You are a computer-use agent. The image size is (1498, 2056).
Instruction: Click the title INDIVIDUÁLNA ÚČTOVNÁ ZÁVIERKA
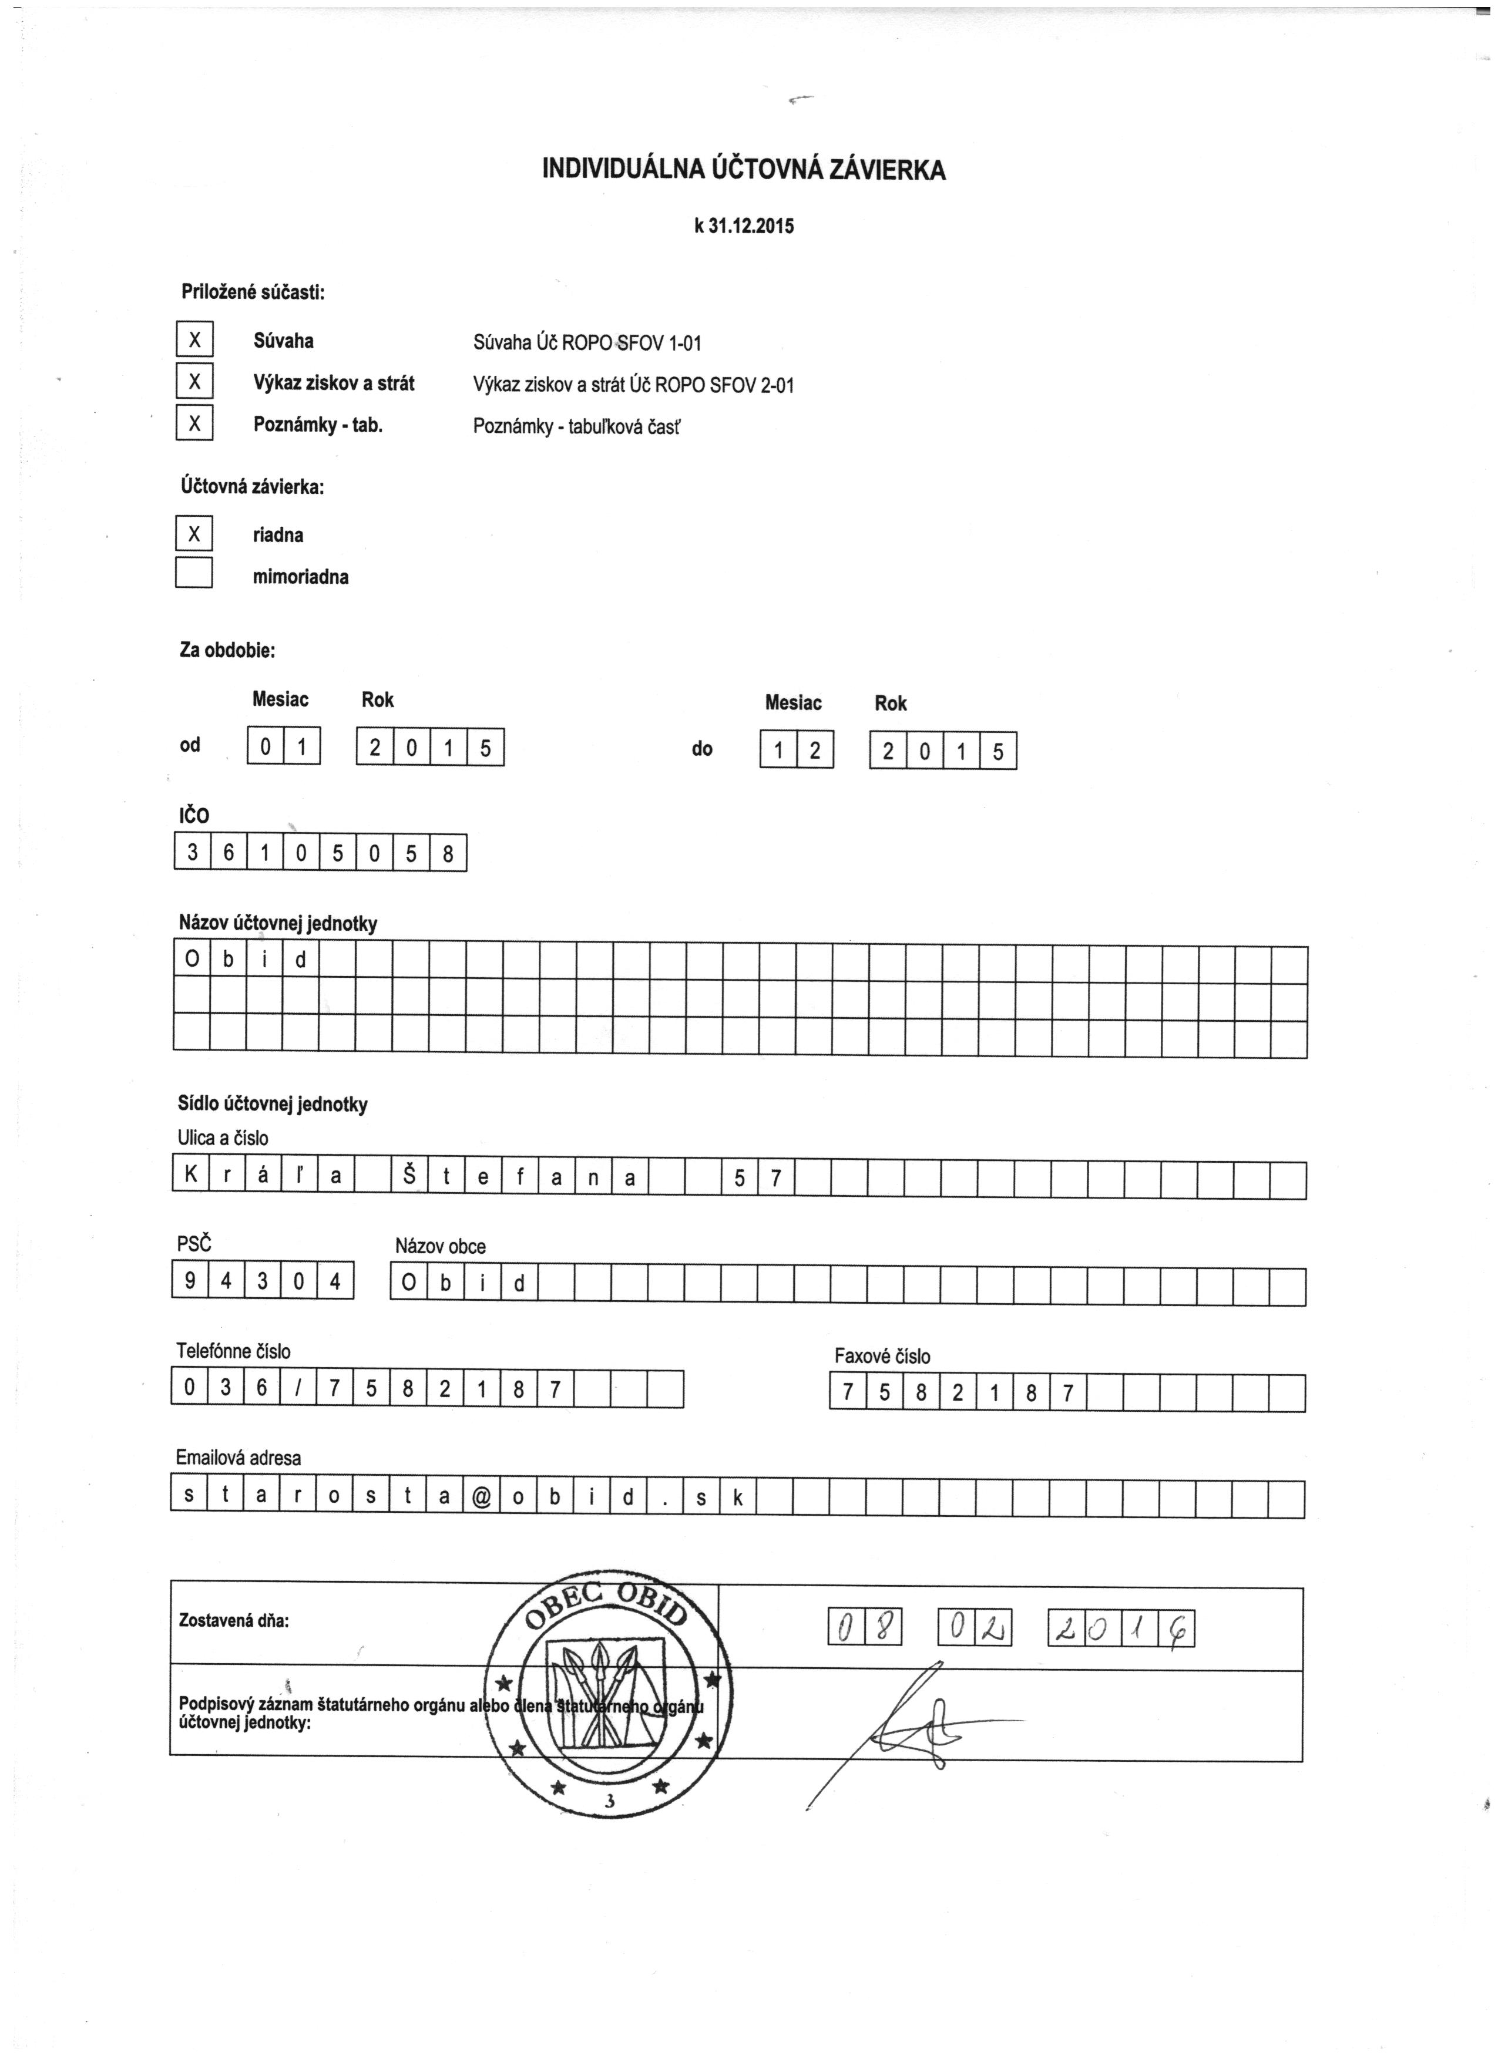click(744, 170)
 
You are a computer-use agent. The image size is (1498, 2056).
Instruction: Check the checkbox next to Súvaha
click(193, 340)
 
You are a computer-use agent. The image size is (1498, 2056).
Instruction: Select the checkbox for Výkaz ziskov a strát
click(193, 382)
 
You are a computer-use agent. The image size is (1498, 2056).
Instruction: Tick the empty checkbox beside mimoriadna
click(193, 573)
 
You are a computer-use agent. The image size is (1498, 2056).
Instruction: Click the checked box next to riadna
click(193, 534)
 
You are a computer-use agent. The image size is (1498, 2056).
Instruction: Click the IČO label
click(193, 815)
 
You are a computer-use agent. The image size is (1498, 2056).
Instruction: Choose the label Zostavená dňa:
click(234, 1620)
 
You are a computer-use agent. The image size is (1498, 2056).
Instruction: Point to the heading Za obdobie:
click(227, 650)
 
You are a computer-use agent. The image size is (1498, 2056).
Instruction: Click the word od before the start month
click(190, 745)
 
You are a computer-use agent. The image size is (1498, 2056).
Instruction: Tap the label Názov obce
click(440, 1247)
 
